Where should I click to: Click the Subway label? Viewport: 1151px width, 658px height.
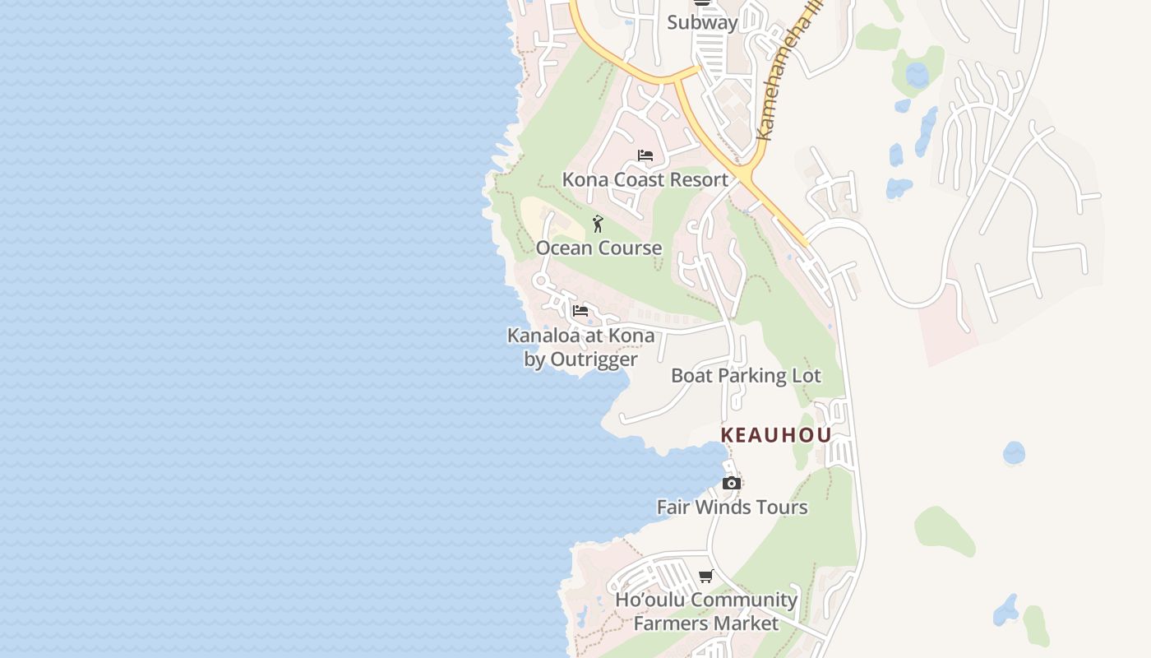click(702, 22)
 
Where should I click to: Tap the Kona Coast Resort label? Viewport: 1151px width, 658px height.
click(645, 179)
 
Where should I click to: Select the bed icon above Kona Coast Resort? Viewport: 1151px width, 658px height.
click(645, 155)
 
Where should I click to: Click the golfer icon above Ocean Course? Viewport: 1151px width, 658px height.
click(599, 224)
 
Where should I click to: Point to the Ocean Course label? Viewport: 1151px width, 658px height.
click(599, 248)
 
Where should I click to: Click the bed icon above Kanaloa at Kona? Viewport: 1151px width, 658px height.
click(580, 311)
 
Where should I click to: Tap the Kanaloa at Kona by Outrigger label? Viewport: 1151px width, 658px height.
click(580, 347)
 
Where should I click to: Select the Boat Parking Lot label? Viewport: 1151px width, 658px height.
click(746, 376)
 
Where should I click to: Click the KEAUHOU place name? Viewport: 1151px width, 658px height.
click(776, 435)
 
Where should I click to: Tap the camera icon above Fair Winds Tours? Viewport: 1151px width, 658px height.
click(731, 483)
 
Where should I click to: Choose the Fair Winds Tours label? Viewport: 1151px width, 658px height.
click(732, 507)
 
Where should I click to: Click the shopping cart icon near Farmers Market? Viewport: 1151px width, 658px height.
click(705, 577)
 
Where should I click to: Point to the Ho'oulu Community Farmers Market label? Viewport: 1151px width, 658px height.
click(706, 611)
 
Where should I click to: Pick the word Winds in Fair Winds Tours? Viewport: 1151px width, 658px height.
click(730, 507)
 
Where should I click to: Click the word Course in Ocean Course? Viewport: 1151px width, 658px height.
click(631, 248)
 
